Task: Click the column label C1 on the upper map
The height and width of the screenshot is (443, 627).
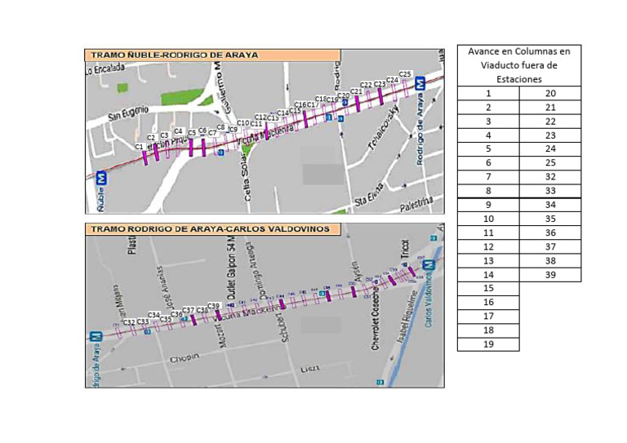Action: pos(140,146)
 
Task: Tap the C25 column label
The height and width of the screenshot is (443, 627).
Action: pos(406,74)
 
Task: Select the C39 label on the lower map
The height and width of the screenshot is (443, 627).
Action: pos(215,305)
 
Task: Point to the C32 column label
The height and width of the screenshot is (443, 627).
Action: pos(128,322)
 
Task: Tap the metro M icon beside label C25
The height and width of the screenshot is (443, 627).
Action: pos(420,82)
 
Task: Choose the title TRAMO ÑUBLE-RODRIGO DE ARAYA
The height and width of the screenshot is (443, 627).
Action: pos(174,55)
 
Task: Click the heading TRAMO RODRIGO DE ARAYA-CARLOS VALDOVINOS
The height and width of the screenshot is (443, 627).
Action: pos(210,229)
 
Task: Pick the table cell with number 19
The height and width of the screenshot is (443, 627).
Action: pos(488,343)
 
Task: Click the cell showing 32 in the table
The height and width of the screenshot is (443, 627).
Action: pos(549,177)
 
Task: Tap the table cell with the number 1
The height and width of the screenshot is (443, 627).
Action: pos(488,93)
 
